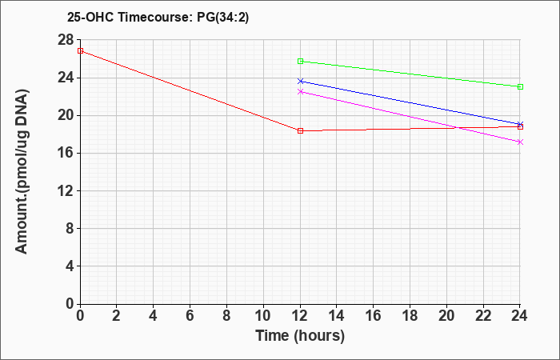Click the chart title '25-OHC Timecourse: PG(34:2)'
click(x=158, y=17)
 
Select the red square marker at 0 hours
click(x=80, y=50)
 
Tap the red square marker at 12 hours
click(x=300, y=130)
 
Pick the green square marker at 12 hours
click(x=300, y=61)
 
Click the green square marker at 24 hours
click(x=520, y=86)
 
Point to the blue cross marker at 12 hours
click(x=300, y=81)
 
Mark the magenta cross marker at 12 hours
click(x=300, y=92)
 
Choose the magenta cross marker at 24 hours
click(x=520, y=142)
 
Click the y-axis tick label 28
click(x=66, y=40)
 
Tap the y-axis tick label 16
click(x=66, y=154)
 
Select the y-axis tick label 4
click(x=70, y=266)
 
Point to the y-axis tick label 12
click(x=66, y=190)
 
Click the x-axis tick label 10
click(x=263, y=316)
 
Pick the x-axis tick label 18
click(x=410, y=316)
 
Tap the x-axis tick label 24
click(x=519, y=316)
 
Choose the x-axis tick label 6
click(x=190, y=316)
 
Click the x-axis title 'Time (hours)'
click(x=300, y=336)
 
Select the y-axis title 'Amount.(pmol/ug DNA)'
click(x=22, y=171)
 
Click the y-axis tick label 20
click(x=66, y=115)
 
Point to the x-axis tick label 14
click(x=337, y=316)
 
